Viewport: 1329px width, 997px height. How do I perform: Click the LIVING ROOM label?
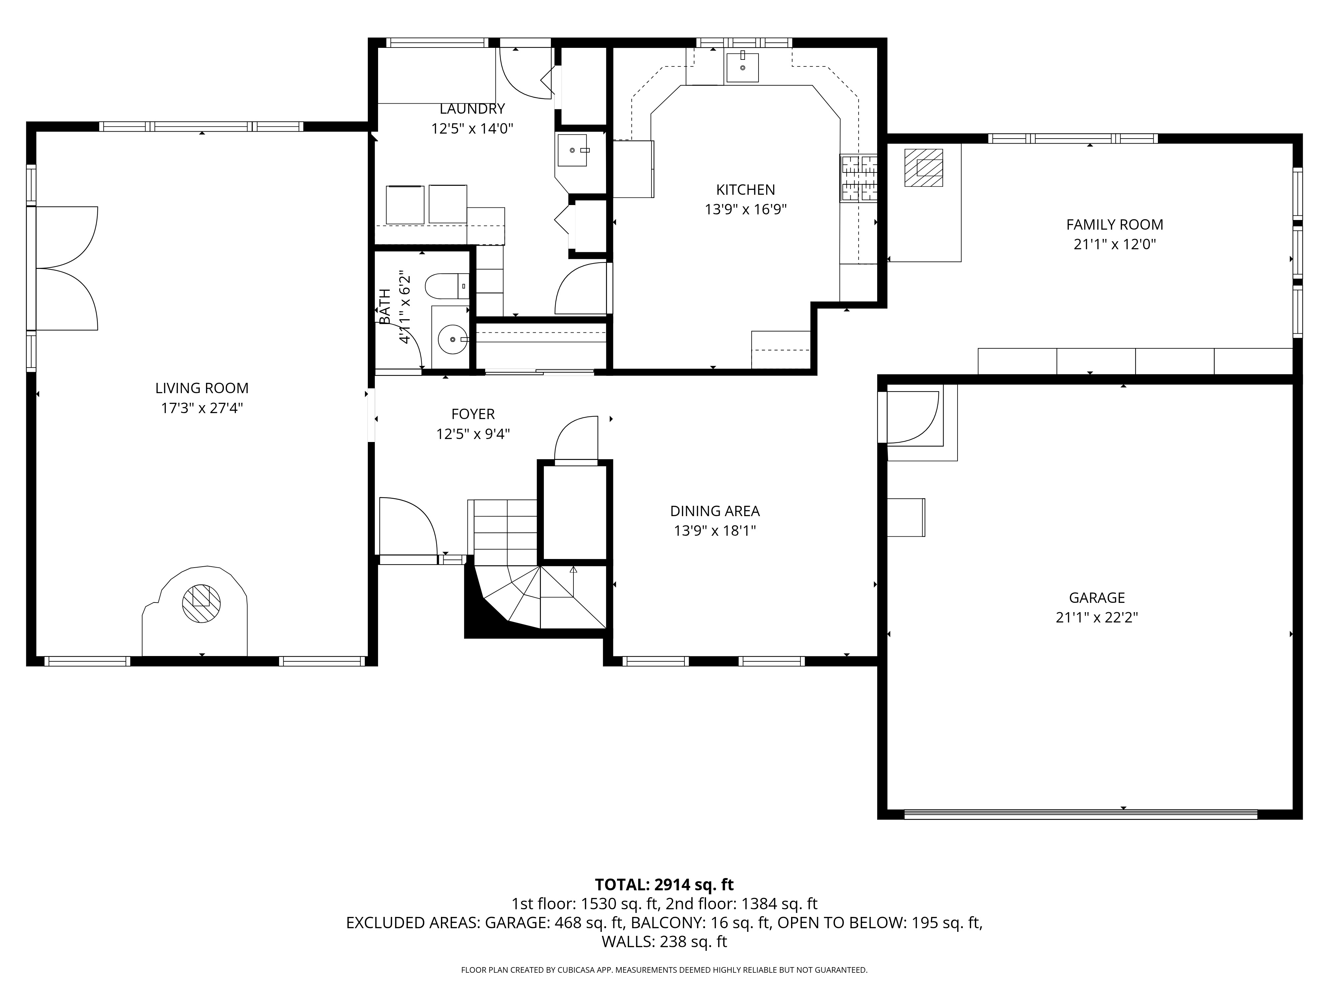pos(202,388)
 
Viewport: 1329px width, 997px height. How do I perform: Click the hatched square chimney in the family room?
pos(923,168)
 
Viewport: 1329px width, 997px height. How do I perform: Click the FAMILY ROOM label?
pos(1114,225)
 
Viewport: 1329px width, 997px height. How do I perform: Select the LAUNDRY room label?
pos(472,109)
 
